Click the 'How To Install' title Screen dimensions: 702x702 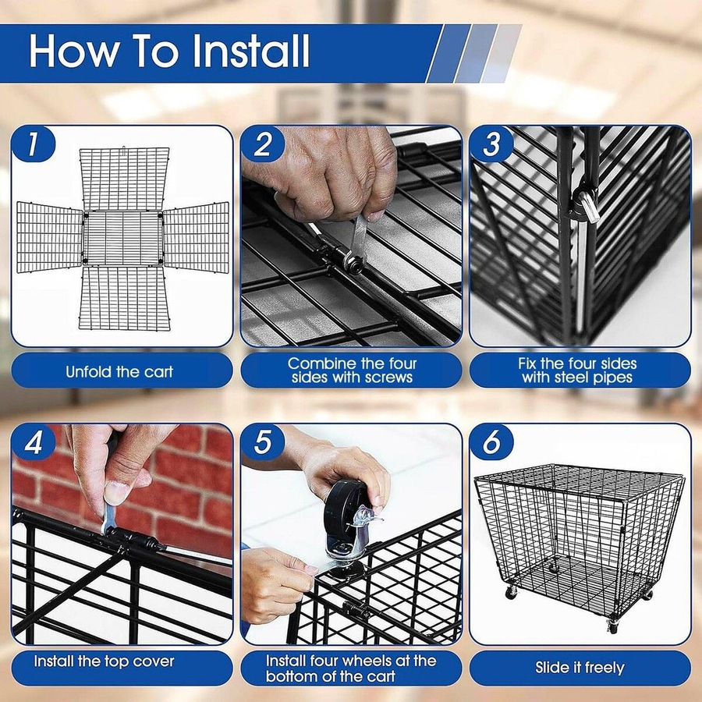coord(169,51)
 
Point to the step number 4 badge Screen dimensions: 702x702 coord(33,442)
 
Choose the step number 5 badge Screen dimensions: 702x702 coord(262,442)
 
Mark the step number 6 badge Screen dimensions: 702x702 coord(491,442)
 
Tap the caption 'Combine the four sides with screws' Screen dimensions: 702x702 coord(351,370)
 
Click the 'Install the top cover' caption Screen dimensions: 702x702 coord(104,661)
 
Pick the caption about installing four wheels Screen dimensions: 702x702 coord(351,668)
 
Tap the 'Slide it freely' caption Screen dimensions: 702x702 coord(580,668)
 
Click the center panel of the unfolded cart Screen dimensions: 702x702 coord(122,236)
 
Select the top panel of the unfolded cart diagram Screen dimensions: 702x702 coord(122,177)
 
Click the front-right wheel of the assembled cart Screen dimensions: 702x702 coord(613,626)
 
